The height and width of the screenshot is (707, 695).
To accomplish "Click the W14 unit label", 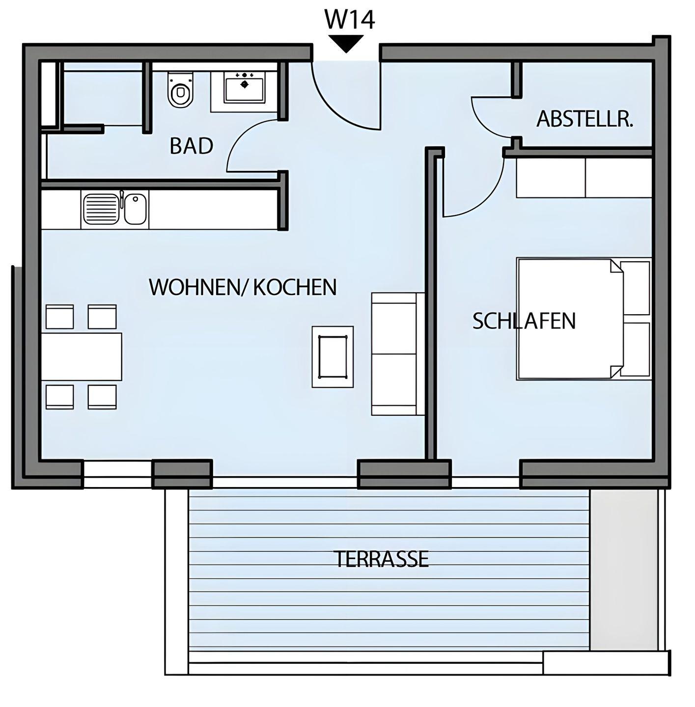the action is point(350,20).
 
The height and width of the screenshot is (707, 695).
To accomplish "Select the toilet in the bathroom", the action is point(180,89).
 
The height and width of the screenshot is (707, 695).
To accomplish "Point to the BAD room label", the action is point(191,146).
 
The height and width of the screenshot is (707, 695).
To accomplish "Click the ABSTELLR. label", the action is point(585,119).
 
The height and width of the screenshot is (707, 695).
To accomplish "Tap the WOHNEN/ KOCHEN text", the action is point(243,287).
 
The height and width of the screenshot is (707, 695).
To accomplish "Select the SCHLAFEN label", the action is point(524,321).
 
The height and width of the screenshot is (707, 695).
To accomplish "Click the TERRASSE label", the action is point(382,559).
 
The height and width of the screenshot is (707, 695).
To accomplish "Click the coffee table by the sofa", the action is point(333,356).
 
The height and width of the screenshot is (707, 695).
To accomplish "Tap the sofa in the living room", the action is point(398,353).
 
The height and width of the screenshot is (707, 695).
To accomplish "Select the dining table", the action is point(82,356).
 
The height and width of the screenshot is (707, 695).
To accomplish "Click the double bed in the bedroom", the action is point(584,319).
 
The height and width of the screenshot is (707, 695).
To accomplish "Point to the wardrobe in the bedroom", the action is point(584,178).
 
